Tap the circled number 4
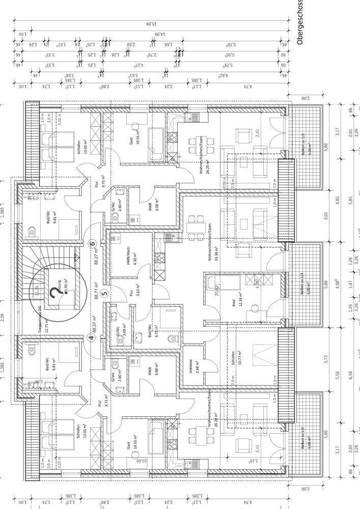tap(92, 337)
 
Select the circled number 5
tap(105, 293)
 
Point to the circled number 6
tap(93, 243)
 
